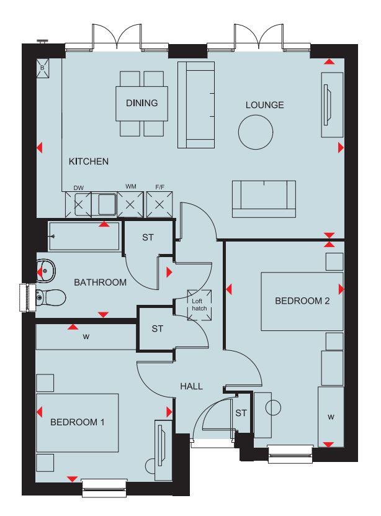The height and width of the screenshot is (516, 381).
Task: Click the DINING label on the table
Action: (142, 103)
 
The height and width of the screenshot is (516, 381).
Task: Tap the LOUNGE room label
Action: (264, 105)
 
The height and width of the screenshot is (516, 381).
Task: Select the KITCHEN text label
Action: (89, 161)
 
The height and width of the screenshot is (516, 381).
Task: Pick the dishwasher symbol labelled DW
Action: (78, 204)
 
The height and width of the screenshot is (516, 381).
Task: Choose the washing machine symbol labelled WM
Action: (131, 204)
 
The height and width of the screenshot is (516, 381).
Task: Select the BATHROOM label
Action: (101, 283)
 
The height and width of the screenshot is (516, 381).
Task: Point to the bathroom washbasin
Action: (46, 270)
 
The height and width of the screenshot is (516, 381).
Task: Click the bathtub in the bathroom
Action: (84, 237)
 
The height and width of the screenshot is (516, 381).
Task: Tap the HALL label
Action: (192, 386)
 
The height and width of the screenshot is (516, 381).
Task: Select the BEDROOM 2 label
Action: (302, 301)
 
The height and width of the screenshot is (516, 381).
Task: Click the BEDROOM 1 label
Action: (77, 422)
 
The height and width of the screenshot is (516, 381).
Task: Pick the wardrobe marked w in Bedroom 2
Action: (331, 417)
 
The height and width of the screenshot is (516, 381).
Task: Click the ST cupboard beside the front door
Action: (241, 413)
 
